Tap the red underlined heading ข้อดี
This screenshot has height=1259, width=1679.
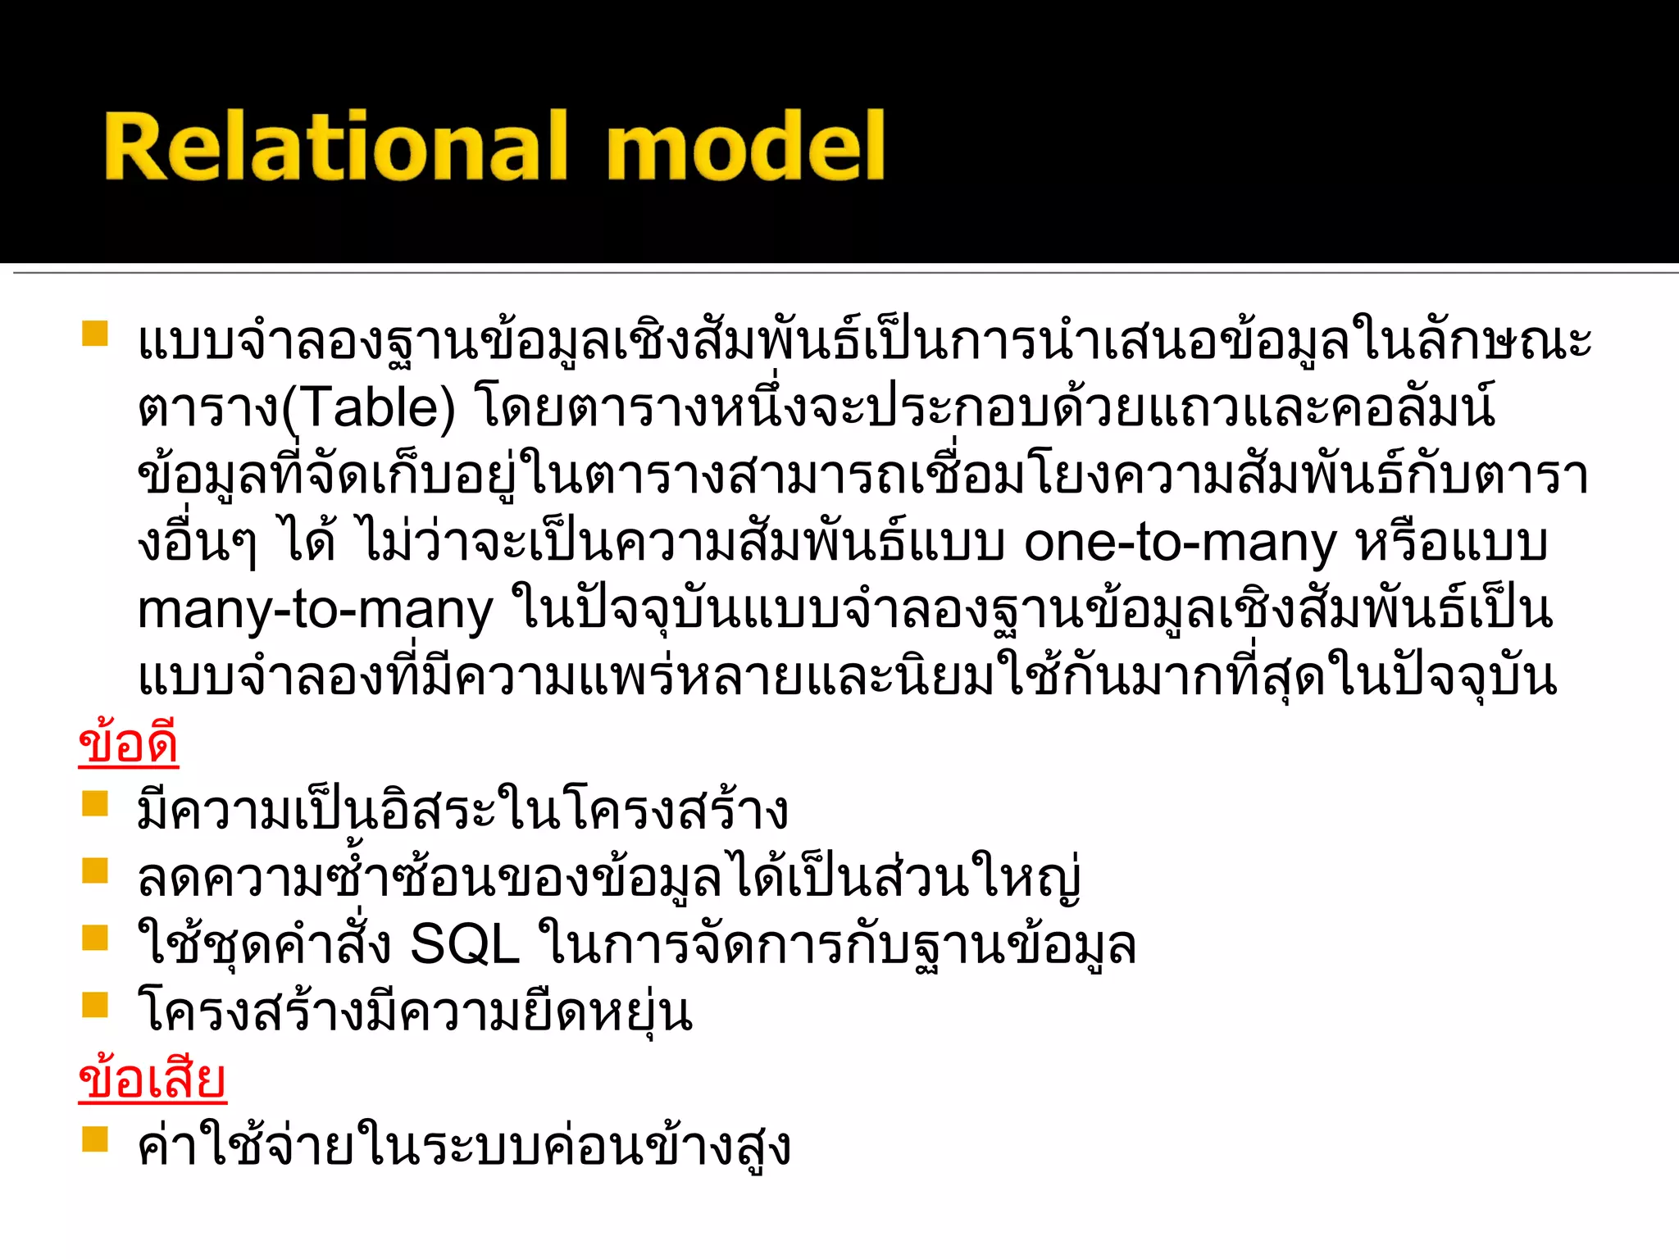(x=129, y=743)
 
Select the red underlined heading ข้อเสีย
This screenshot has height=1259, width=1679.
(x=152, y=1079)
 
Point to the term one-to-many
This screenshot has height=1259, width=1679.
(x=1180, y=543)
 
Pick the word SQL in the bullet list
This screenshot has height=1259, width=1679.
(x=465, y=944)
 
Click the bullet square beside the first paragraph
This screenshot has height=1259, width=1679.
(x=95, y=334)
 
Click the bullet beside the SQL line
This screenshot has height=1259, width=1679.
(x=95, y=937)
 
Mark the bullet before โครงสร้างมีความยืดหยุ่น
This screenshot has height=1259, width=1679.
(x=95, y=1005)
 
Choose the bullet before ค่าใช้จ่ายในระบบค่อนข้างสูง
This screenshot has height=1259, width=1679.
(x=95, y=1139)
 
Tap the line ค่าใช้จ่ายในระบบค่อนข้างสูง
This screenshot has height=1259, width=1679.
(x=464, y=1147)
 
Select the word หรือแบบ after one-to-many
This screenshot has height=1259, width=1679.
(x=1452, y=543)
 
